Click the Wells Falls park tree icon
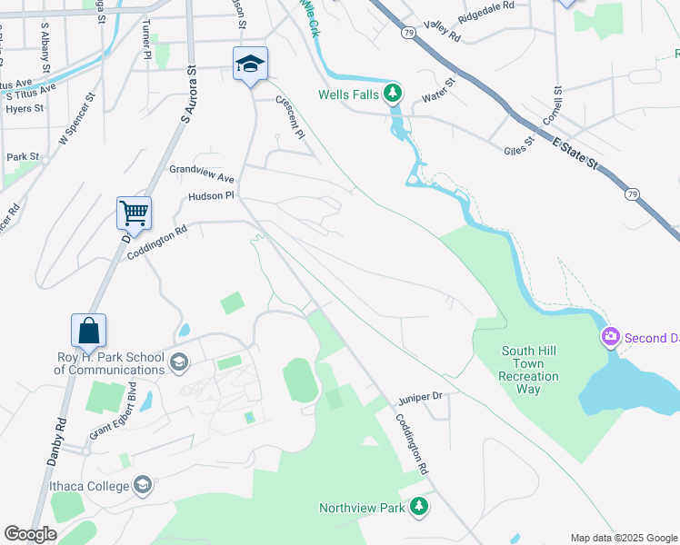click(393, 93)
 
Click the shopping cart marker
click(134, 213)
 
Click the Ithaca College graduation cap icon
click(143, 486)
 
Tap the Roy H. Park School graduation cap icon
click(179, 362)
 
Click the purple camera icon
click(611, 338)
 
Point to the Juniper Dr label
click(419, 397)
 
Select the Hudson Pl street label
click(211, 195)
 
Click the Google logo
click(31, 534)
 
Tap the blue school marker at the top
click(250, 64)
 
